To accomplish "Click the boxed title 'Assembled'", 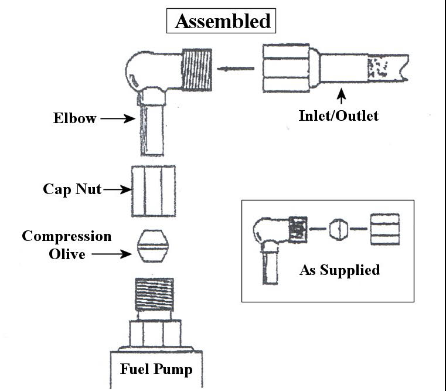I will pos(223,21).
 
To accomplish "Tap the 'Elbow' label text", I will pos(74,118).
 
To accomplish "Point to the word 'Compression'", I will pos(66,236).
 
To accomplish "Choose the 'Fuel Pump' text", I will pos(156,369).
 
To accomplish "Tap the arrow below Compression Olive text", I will pos(113,254).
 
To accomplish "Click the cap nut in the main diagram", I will pos(152,190).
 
